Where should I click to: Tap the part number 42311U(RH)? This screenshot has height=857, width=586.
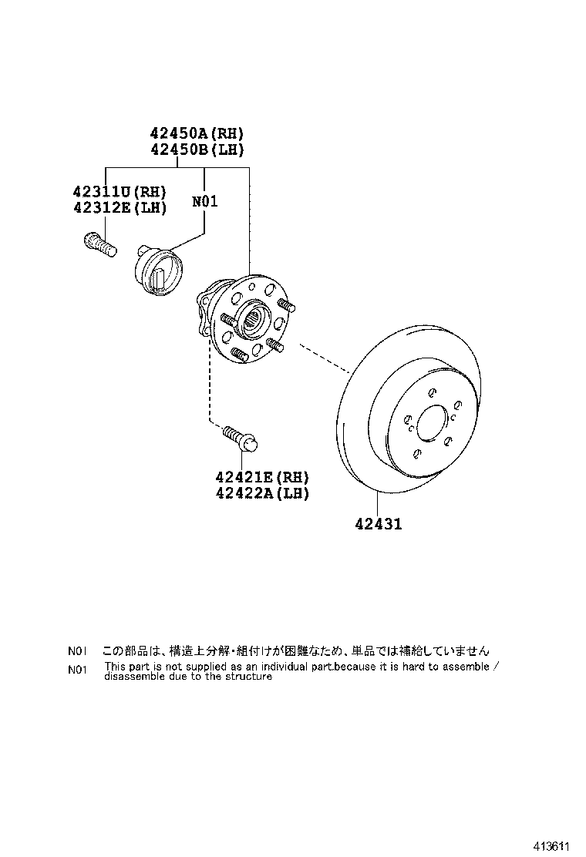click(x=120, y=192)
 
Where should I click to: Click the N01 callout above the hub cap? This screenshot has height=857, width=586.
click(x=204, y=202)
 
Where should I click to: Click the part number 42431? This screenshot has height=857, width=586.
click(x=379, y=525)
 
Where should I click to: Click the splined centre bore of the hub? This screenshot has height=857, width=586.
click(x=254, y=317)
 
